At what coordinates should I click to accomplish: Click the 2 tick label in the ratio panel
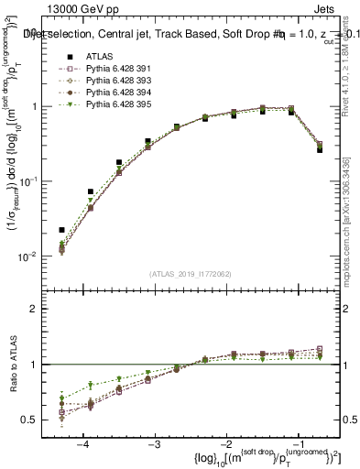[37, 309]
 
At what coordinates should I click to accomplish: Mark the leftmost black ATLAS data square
[62, 229]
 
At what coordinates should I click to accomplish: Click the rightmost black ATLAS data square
[319, 148]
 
